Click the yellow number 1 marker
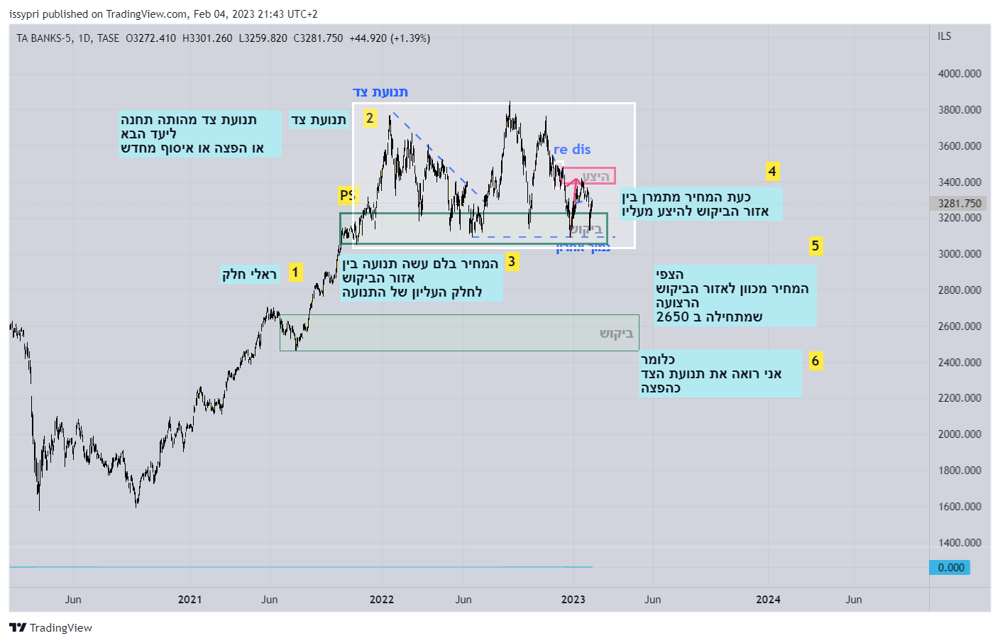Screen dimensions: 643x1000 coord(295,273)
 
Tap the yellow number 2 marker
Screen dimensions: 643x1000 coord(369,118)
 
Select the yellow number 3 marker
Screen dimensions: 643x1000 coord(511,262)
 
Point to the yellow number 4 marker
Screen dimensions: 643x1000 coord(772,171)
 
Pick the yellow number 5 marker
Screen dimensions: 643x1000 coord(815,246)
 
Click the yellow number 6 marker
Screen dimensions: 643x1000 coord(815,361)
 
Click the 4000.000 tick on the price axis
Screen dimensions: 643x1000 coord(960,74)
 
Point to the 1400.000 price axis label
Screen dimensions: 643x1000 coord(960,543)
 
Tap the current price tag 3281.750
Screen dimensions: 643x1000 coord(959,204)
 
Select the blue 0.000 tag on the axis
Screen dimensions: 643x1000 coord(950,568)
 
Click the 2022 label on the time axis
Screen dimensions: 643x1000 coord(382,600)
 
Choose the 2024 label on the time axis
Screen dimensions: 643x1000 coord(768,600)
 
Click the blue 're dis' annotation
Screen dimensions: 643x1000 coord(572,150)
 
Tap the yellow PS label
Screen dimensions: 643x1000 coord(346,195)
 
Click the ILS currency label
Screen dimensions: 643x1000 coord(944,36)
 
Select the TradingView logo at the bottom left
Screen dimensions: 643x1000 coord(51,627)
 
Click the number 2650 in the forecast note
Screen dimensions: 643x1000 coord(673,317)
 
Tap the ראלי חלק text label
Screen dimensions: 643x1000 coord(249,275)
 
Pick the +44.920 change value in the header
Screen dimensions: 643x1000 coord(368,38)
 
